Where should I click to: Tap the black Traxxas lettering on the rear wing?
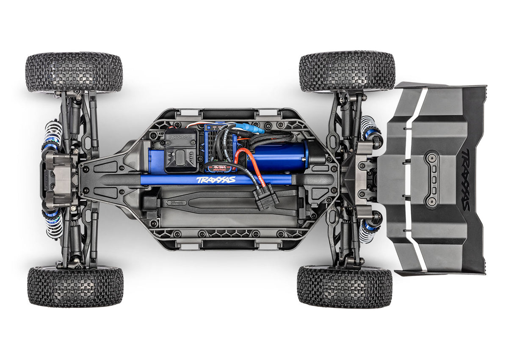(465, 180)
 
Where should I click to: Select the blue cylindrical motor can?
(279, 156)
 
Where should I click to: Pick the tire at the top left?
(74, 72)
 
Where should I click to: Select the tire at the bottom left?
(75, 286)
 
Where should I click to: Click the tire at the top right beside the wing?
(347, 71)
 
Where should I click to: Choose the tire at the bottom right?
(344, 286)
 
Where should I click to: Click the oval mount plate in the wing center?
(432, 180)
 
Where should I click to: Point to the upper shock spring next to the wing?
(368, 127)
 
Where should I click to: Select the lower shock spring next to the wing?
(367, 231)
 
